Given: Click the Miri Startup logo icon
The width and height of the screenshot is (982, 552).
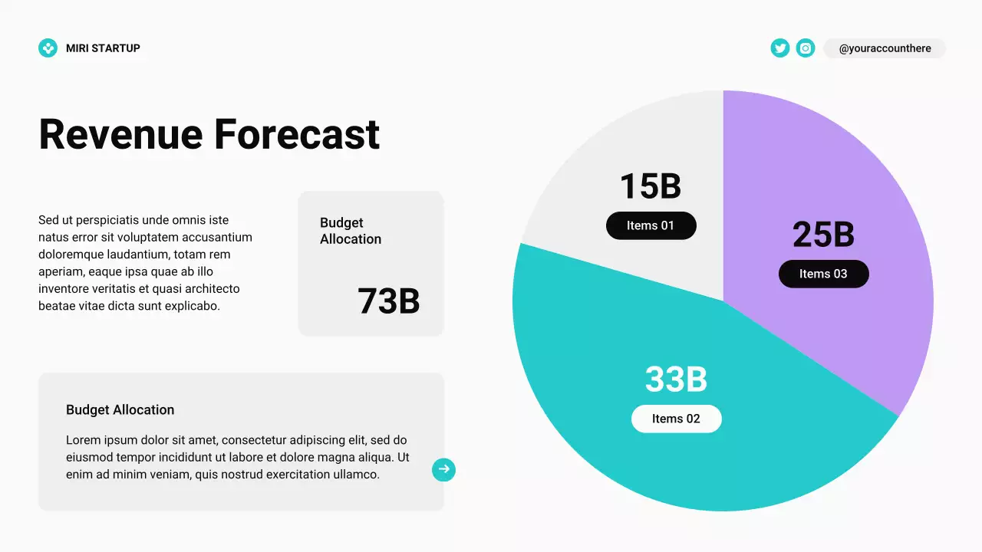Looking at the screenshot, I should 48,48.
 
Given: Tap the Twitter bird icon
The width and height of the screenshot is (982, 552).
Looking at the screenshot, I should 780,48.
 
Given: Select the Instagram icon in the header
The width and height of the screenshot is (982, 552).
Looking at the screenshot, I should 806,48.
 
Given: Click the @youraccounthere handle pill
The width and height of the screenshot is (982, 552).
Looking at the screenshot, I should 885,48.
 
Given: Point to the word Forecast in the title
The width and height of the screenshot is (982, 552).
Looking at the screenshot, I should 297,134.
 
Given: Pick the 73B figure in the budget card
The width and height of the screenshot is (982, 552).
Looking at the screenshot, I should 388,301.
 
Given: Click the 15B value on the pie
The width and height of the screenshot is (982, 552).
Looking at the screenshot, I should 651,186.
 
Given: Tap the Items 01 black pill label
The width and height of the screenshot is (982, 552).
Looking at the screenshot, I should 651,225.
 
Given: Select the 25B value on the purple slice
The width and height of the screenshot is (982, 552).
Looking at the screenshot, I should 823,235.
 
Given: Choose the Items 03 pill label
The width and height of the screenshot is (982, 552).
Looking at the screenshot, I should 823,274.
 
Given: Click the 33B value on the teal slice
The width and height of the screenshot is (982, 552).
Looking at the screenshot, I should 676,379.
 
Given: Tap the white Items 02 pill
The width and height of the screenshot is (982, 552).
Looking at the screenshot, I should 676,419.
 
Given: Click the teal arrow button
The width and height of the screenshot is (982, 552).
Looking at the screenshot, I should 443,469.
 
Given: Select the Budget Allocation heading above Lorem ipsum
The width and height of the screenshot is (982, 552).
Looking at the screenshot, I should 120,410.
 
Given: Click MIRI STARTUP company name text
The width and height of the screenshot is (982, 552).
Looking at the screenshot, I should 103,48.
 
